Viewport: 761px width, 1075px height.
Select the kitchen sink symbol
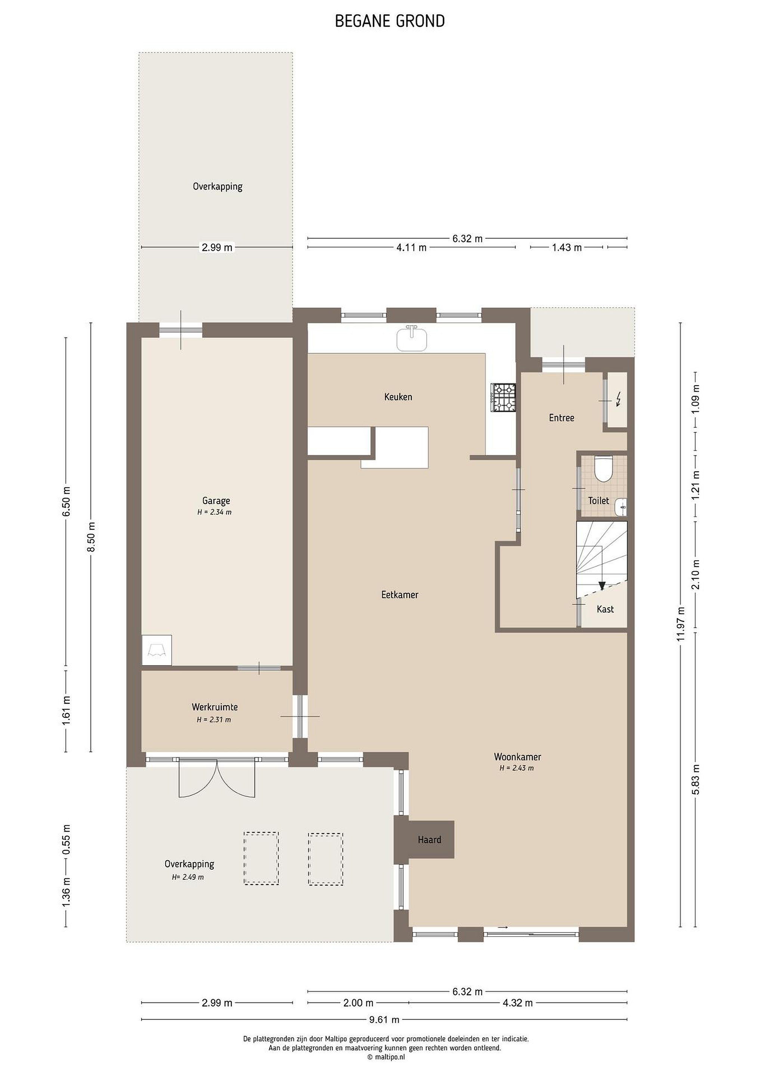(412, 338)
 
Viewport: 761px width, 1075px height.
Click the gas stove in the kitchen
(503, 398)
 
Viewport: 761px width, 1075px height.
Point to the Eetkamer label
(400, 595)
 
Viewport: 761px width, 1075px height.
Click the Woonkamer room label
(517, 757)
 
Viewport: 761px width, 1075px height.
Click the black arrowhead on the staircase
(602, 585)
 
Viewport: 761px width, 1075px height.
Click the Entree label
(562, 418)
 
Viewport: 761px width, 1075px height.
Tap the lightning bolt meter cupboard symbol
(619, 399)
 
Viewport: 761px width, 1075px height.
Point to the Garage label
(216, 501)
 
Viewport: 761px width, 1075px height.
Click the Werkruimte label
(214, 707)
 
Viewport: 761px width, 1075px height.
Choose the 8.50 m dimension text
(92, 537)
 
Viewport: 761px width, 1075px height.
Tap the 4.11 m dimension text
(411, 248)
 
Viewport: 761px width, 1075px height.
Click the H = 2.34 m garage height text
(214, 512)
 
